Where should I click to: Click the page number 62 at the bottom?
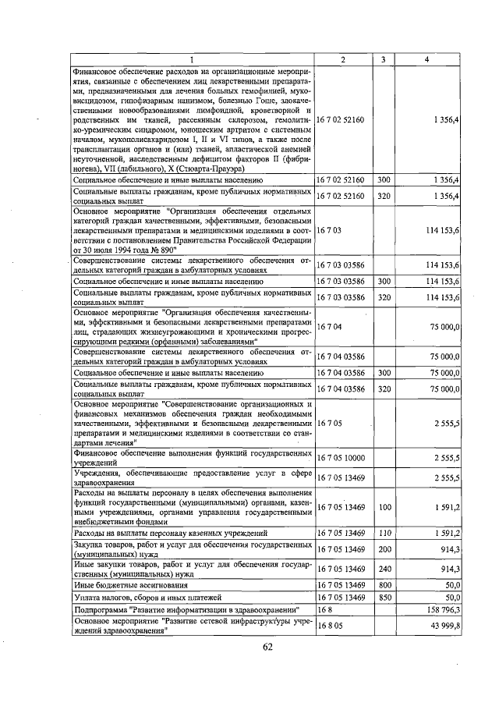coord(267,647)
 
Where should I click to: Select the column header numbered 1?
coord(193,59)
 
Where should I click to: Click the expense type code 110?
coord(383,533)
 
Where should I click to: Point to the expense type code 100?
coord(383,507)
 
